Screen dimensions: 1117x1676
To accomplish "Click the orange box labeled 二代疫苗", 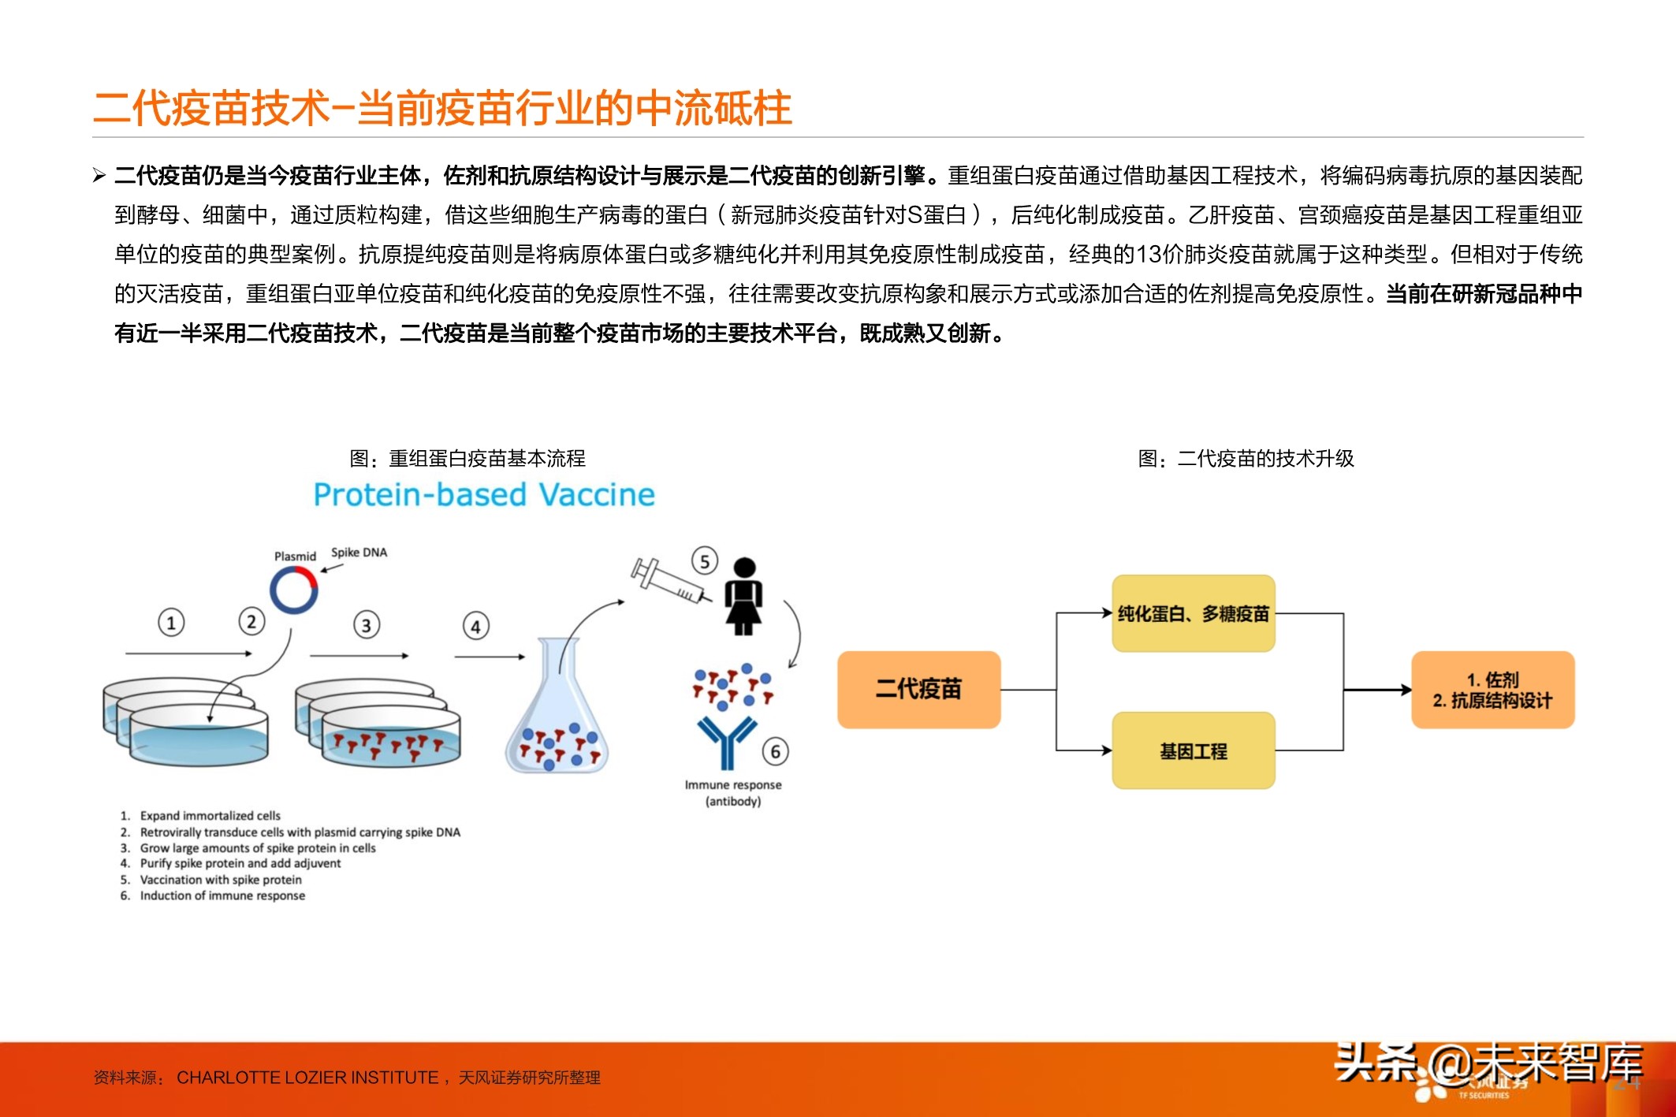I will click(x=918, y=689).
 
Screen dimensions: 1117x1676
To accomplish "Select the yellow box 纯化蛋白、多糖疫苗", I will click(x=1193, y=613).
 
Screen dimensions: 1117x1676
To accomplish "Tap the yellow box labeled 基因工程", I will click(x=1193, y=750).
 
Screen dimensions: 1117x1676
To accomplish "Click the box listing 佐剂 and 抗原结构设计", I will click(x=1492, y=690).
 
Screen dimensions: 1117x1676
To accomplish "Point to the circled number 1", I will click(x=171, y=622).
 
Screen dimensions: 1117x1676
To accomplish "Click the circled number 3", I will click(x=366, y=625).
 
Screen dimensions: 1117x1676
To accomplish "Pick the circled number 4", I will click(x=475, y=627).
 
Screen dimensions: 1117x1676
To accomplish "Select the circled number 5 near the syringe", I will click(x=705, y=561).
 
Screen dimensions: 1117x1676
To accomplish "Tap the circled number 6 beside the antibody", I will click(x=775, y=751).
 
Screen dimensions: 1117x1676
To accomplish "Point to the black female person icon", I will click(x=743, y=596).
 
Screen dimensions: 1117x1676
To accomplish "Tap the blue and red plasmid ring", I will click(x=294, y=590).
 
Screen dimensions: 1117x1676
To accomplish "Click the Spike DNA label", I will click(x=359, y=553).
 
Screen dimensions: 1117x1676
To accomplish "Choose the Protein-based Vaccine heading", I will click(x=484, y=495).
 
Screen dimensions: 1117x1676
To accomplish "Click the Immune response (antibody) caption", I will click(x=733, y=793).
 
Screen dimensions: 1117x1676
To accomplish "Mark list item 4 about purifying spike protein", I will click(x=240, y=863).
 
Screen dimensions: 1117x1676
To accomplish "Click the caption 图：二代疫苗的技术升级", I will click(x=1246, y=459).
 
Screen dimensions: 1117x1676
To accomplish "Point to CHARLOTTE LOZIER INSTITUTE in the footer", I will click(x=307, y=1078).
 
